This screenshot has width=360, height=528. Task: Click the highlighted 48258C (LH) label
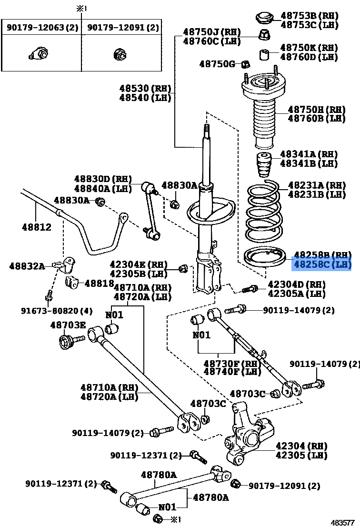point(321,264)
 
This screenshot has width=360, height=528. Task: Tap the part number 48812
point(36,228)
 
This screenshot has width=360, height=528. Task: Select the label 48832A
point(27,266)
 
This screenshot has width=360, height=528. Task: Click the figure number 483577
point(343,522)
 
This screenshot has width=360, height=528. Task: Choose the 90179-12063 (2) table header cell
point(42,28)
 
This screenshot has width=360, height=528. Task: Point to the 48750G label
point(217,63)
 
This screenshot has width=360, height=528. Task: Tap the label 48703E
point(68,325)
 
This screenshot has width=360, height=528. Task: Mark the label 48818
point(99,283)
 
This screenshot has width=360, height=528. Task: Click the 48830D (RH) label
point(102,179)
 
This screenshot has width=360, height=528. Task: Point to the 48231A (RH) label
point(317,185)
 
